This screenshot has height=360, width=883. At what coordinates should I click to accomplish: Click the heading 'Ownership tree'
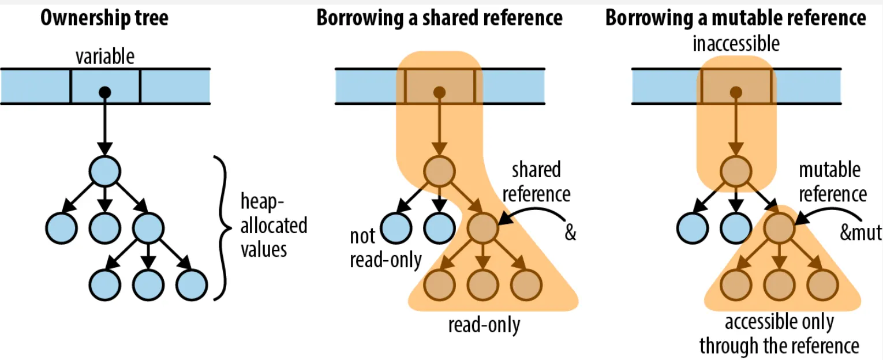point(104,18)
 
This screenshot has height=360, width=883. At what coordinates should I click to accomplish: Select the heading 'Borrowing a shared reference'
point(439,18)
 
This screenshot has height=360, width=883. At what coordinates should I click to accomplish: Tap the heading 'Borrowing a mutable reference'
point(735,18)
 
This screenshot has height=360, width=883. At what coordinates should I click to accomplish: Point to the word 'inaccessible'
point(736,43)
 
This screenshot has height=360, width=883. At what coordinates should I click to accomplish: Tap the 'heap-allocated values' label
point(273,226)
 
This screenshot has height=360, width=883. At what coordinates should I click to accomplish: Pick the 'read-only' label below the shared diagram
point(484,325)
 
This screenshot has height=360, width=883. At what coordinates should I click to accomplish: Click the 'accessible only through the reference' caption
point(779,334)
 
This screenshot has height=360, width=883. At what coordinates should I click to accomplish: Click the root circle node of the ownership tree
point(104,171)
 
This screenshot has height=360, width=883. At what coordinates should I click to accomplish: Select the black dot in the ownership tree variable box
point(104,92)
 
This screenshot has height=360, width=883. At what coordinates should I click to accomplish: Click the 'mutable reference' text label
point(832,182)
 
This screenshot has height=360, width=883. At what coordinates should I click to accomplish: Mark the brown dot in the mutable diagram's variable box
point(735,92)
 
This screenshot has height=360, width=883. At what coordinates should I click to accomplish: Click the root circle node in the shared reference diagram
point(440,171)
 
